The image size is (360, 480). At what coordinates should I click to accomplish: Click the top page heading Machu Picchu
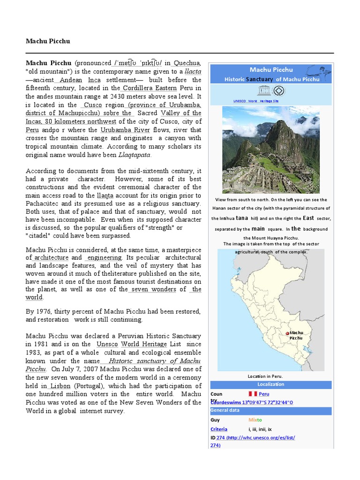point(48,41)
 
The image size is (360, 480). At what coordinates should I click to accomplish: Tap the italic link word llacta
point(193,72)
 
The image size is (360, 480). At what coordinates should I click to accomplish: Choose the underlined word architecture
point(51,258)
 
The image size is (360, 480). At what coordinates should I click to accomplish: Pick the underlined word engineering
point(104,258)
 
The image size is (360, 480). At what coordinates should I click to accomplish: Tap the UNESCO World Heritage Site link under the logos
point(255,101)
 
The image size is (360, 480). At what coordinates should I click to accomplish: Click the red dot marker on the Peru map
point(287,333)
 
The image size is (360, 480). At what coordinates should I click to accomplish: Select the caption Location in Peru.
point(265,376)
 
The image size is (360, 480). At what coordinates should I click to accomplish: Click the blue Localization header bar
point(270,384)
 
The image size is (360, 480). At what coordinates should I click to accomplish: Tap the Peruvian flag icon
point(252,394)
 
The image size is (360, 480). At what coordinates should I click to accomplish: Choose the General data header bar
point(270,411)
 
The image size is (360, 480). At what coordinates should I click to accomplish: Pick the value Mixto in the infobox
point(255,420)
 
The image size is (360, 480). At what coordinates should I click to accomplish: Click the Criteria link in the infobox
point(219,429)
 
